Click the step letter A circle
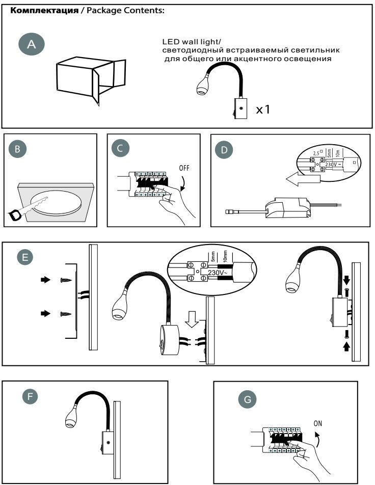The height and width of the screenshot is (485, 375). (32, 45)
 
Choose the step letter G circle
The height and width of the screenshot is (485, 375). (247, 400)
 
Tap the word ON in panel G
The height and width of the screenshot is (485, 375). (318, 423)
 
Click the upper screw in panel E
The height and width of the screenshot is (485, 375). (64, 280)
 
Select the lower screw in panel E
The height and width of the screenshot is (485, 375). (64, 314)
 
